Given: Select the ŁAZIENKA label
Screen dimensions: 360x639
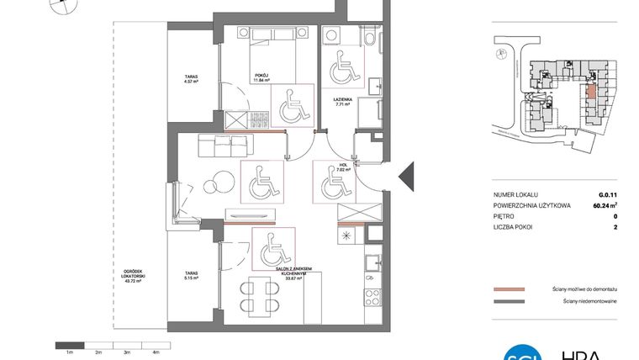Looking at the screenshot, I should (341, 98).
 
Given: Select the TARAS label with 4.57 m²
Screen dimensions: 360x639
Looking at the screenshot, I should (192, 81).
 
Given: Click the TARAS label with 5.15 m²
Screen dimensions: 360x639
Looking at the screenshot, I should (192, 274).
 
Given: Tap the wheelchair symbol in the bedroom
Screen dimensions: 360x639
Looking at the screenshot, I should (290, 106).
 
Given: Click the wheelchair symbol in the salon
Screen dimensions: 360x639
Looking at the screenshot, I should (272, 247).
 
